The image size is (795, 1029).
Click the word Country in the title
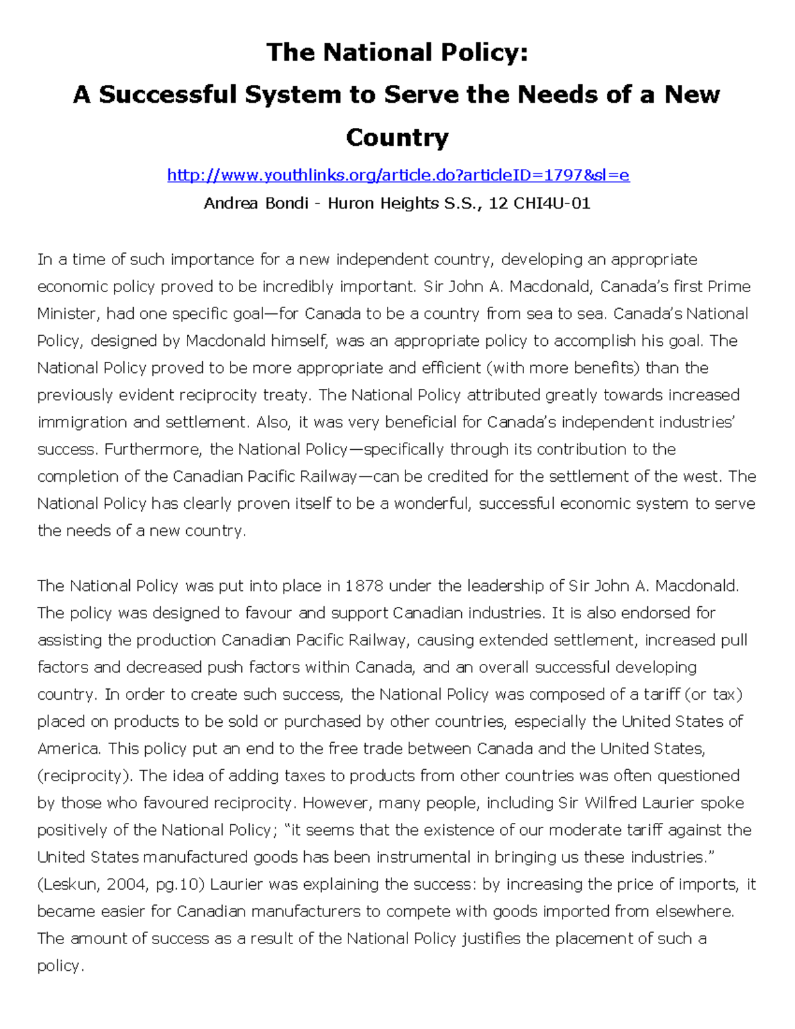397,137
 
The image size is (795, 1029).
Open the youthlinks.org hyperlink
397,175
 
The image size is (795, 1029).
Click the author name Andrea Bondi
256,203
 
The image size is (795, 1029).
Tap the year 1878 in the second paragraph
364,586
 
